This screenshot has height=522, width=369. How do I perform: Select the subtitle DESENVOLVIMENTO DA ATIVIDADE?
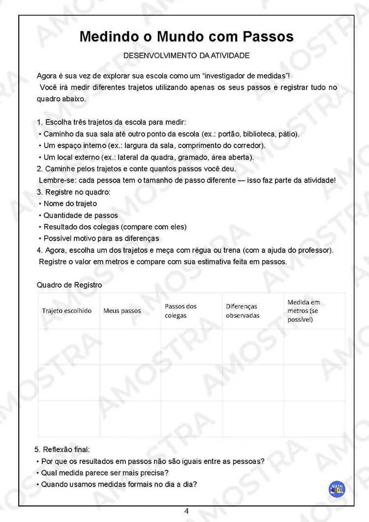click(x=186, y=56)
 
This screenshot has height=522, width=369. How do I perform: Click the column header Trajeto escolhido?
click(x=67, y=311)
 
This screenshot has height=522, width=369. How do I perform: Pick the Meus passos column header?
click(x=122, y=311)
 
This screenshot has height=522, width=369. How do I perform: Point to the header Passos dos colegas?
click(x=181, y=311)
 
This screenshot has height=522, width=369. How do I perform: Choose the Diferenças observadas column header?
click(x=243, y=311)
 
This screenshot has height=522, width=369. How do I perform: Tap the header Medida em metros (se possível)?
click(x=304, y=311)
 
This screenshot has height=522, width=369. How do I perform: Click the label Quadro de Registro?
click(x=69, y=285)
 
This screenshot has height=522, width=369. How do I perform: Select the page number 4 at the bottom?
click(x=186, y=511)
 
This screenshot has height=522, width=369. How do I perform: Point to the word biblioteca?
click(x=259, y=134)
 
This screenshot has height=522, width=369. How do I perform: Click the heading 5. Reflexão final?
click(x=62, y=450)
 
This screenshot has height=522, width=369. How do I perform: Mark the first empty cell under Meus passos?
click(x=130, y=346)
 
